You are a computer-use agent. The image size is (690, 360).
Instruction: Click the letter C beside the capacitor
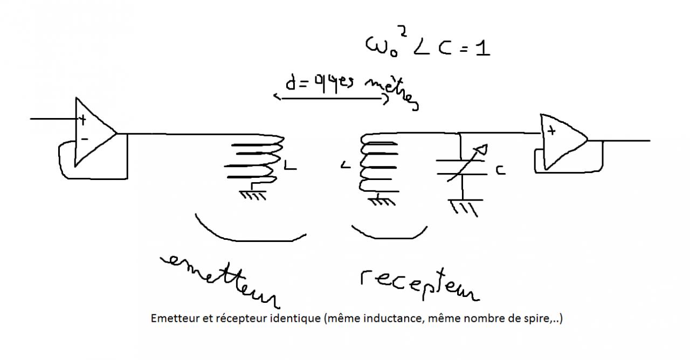coord(500,170)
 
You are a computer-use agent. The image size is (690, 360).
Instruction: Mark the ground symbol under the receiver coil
coord(379,201)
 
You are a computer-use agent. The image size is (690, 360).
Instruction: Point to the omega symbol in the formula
coord(377,47)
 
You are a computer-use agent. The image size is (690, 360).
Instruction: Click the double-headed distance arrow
coord(330,99)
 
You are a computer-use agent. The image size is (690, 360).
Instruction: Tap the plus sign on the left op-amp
coord(82,119)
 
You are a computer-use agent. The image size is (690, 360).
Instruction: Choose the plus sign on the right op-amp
coord(551,130)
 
